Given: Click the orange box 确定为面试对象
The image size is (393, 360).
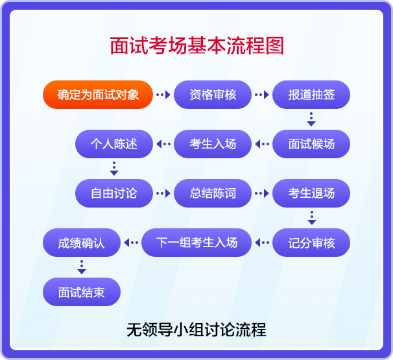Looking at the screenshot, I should click(98, 95).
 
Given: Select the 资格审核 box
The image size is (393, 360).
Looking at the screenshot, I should click(213, 95).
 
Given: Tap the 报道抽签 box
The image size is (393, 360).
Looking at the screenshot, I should click(311, 95).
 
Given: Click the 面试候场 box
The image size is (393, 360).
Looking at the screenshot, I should click(311, 144).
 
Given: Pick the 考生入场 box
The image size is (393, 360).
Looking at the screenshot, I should click(213, 144).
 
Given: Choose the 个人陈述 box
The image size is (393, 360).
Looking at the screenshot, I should click(114, 144).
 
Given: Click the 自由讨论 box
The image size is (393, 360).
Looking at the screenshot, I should click(114, 193).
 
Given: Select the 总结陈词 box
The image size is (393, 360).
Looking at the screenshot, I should click(213, 193).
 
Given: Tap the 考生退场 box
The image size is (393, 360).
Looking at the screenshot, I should click(311, 193).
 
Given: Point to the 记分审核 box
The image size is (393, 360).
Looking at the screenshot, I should click(311, 243).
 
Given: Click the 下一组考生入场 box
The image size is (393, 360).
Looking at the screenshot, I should click(196, 243).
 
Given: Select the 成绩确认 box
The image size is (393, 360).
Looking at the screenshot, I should click(82, 243).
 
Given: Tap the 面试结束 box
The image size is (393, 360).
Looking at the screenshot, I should click(82, 292).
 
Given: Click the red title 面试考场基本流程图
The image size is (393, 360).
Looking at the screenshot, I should click(196, 47).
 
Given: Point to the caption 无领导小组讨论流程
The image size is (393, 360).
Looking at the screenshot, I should click(196, 330).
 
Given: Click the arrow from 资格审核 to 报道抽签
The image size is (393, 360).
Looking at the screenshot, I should click(262, 95).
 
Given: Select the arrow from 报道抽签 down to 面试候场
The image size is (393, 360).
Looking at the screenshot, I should click(311, 119).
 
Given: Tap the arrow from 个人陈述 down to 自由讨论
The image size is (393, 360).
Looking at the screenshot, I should click(114, 169).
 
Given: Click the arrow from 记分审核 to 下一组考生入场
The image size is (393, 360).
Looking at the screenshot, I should click(262, 243).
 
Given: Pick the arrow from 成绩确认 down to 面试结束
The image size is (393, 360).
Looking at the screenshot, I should click(82, 267).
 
